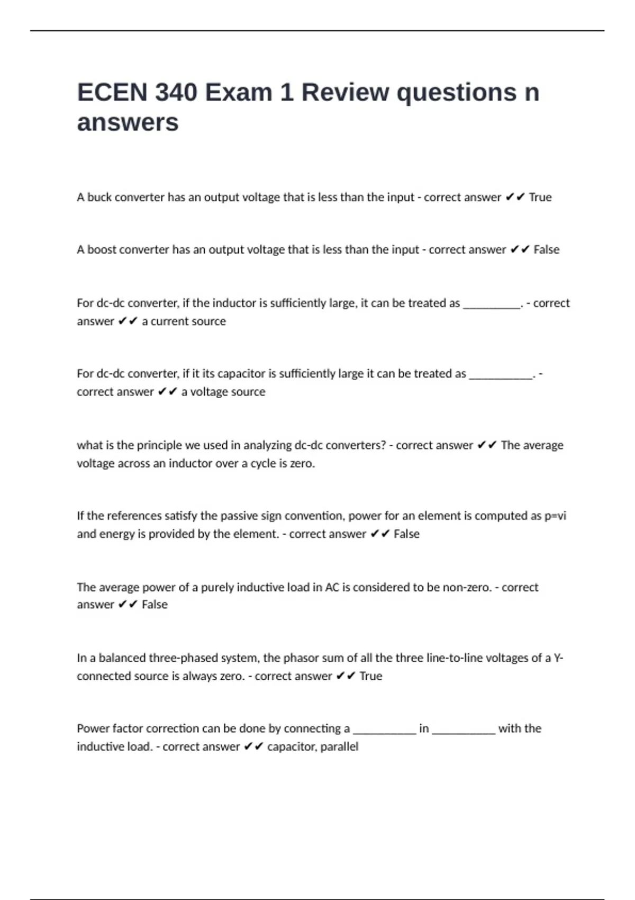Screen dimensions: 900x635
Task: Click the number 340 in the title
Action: tap(177, 93)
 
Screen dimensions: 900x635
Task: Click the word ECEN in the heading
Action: tap(112, 93)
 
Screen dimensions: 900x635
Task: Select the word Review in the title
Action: tap(345, 93)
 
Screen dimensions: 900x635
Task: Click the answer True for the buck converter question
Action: tap(540, 197)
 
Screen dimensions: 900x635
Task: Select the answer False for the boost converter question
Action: tap(546, 250)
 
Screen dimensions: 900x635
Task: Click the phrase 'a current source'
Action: tap(184, 321)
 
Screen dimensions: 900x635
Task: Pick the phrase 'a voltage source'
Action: tap(223, 392)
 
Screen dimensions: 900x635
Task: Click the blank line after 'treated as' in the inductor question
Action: tap(492, 304)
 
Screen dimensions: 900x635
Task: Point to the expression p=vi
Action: tap(555, 516)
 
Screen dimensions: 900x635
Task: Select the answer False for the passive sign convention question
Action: tap(406, 534)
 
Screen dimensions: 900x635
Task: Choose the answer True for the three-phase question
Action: tap(370, 676)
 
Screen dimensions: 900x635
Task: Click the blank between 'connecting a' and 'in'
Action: tap(384, 730)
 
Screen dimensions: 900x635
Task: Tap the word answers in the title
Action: tap(128, 123)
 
